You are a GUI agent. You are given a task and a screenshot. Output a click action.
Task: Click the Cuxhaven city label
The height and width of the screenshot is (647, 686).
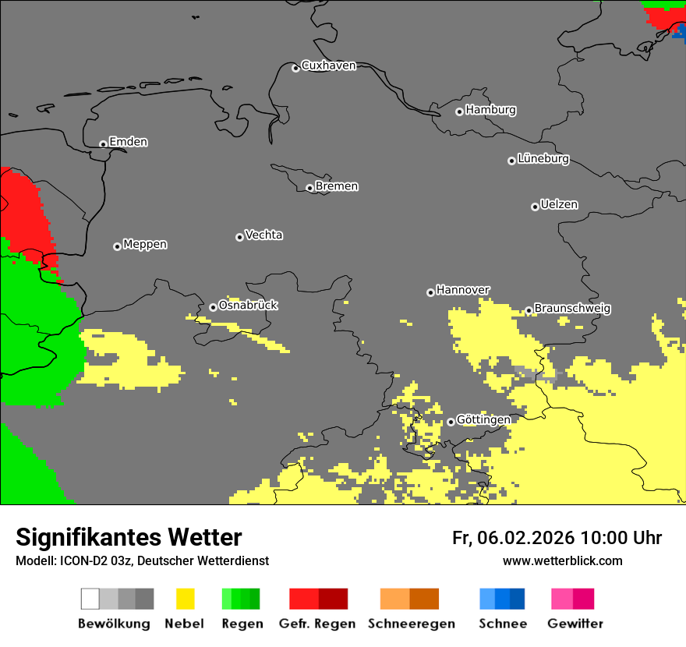pyautogui.click(x=328, y=65)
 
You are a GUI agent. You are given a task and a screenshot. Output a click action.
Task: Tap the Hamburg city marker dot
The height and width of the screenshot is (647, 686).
pyautogui.click(x=459, y=111)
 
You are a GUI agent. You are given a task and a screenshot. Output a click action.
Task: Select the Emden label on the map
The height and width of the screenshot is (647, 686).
pyautogui.click(x=128, y=142)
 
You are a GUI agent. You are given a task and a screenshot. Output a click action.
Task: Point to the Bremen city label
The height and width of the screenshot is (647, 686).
pyautogui.click(x=337, y=186)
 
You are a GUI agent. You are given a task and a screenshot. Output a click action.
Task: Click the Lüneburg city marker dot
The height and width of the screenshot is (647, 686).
pyautogui.click(x=511, y=161)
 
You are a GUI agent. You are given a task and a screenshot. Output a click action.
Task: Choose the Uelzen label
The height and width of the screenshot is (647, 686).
pyautogui.click(x=559, y=204)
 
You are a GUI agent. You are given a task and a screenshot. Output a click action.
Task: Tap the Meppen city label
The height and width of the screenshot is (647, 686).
pyautogui.click(x=145, y=244)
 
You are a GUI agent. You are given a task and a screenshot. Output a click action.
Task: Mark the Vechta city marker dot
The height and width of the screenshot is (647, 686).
pyautogui.click(x=239, y=237)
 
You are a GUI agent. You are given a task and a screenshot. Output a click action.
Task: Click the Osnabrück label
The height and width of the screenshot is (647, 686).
pyautogui.click(x=248, y=305)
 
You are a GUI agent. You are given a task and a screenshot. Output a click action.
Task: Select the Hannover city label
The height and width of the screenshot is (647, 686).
pyautogui.click(x=463, y=290)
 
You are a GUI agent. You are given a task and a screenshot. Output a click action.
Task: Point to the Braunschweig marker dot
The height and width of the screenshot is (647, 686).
pyautogui.click(x=529, y=310)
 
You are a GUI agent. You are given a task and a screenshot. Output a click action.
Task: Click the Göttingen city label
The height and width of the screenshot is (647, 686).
pyautogui.click(x=483, y=419)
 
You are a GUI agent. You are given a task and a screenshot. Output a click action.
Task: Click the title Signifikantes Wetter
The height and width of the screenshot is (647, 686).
pyautogui.click(x=129, y=537)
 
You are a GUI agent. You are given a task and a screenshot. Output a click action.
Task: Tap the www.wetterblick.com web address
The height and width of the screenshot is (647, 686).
pyautogui.click(x=562, y=560)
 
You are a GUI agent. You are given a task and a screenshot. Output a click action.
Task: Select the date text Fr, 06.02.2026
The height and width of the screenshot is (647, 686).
pyautogui.click(x=513, y=538)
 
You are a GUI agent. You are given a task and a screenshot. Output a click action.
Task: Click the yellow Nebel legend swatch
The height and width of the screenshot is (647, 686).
pyautogui.click(x=185, y=599)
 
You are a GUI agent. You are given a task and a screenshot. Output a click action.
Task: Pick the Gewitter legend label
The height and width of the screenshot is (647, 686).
pyautogui.click(x=575, y=624)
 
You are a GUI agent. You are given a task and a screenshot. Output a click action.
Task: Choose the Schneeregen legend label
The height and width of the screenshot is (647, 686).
pyautogui.click(x=412, y=624)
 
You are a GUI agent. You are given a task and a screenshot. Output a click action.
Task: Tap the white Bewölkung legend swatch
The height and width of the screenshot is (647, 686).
pyautogui.click(x=90, y=599)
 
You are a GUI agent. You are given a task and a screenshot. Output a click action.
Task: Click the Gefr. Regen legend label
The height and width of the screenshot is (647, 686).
pyautogui.click(x=317, y=624)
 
